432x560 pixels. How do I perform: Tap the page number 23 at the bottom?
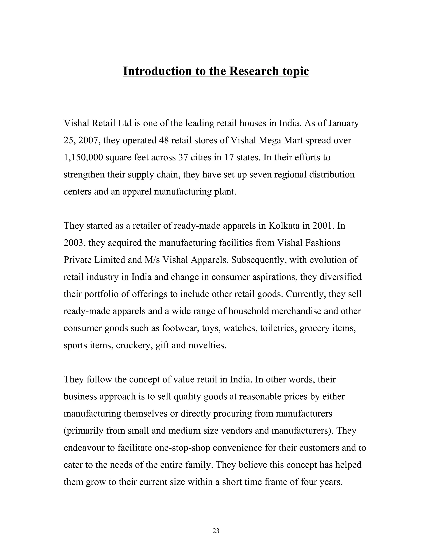pyautogui.click(x=216, y=531)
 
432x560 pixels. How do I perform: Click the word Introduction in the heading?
pyautogui.click(x=157, y=71)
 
